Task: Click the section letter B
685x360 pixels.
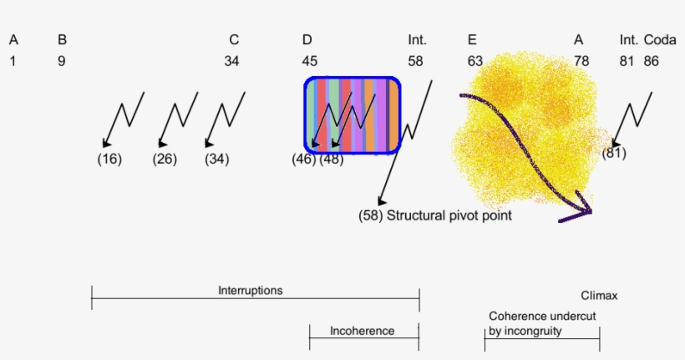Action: pyautogui.click(x=62, y=39)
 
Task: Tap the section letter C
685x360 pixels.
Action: pyautogui.click(x=234, y=39)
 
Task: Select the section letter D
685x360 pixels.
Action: pyautogui.click(x=307, y=39)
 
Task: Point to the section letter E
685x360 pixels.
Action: pyautogui.click(x=473, y=39)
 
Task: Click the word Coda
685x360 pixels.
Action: pyautogui.click(x=660, y=39)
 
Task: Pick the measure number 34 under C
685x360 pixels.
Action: pyautogui.click(x=231, y=61)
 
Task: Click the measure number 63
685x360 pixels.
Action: pyautogui.click(x=475, y=61)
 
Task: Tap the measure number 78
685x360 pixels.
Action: pyautogui.click(x=581, y=61)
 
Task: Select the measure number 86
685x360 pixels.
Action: pyautogui.click(x=651, y=61)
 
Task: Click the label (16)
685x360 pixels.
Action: pyautogui.click(x=109, y=160)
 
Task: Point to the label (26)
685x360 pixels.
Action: pyautogui.click(x=165, y=160)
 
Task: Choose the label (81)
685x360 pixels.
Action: pyautogui.click(x=613, y=153)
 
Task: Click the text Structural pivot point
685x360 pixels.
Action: pyautogui.click(x=449, y=215)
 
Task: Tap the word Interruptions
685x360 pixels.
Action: pyautogui.click(x=251, y=291)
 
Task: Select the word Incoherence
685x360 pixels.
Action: pyautogui.click(x=362, y=331)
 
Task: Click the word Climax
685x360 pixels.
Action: pyautogui.click(x=599, y=296)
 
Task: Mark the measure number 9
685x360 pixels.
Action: pyautogui.click(x=62, y=61)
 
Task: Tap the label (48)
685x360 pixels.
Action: pyautogui.click(x=332, y=160)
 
